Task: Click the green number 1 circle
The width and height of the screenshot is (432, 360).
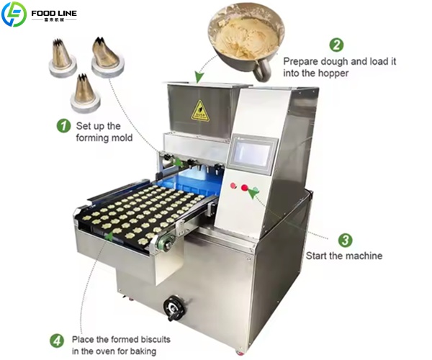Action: click(x=63, y=125)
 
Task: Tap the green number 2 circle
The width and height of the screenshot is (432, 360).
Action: click(x=337, y=45)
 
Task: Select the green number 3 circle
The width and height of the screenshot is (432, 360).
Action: click(x=345, y=240)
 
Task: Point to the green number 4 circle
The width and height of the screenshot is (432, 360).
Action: click(x=57, y=341)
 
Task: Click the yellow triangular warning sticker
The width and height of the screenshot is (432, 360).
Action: click(x=200, y=112)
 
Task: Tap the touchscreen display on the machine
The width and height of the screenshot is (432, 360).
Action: click(x=253, y=153)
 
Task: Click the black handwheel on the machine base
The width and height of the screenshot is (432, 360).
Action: click(x=174, y=308)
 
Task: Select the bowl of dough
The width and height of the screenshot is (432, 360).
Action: click(x=246, y=40)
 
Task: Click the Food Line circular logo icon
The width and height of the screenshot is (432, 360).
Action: click(x=14, y=14)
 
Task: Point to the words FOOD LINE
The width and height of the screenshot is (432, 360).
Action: click(x=54, y=13)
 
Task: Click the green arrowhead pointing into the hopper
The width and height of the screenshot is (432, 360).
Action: click(x=199, y=77)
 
